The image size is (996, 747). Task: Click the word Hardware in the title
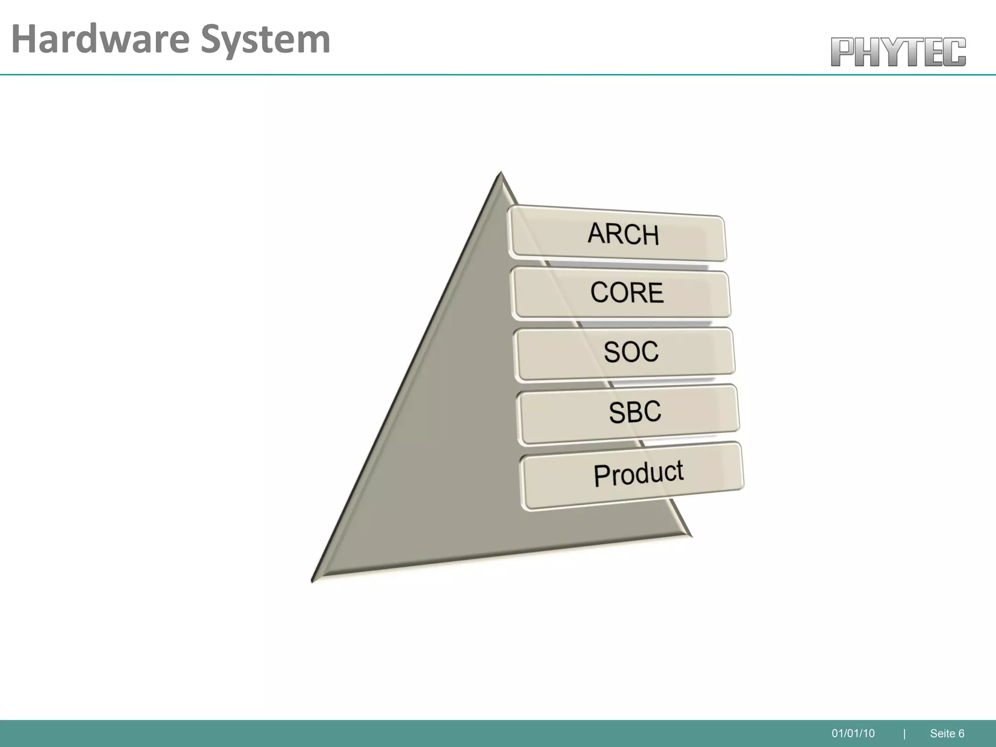(100, 40)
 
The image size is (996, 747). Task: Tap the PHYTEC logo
(898, 52)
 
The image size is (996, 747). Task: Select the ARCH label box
(617, 234)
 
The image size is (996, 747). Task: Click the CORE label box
(621, 293)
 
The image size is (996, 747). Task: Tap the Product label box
(631, 474)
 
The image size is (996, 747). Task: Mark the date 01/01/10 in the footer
(853, 733)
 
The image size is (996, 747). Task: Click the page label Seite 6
(946, 733)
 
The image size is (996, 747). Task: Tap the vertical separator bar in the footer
(904, 733)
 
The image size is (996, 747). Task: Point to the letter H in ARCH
(650, 236)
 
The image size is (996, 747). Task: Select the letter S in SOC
(612, 352)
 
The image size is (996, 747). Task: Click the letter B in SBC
(635, 412)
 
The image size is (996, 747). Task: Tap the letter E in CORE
(655, 293)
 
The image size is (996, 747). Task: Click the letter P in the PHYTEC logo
(843, 52)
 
